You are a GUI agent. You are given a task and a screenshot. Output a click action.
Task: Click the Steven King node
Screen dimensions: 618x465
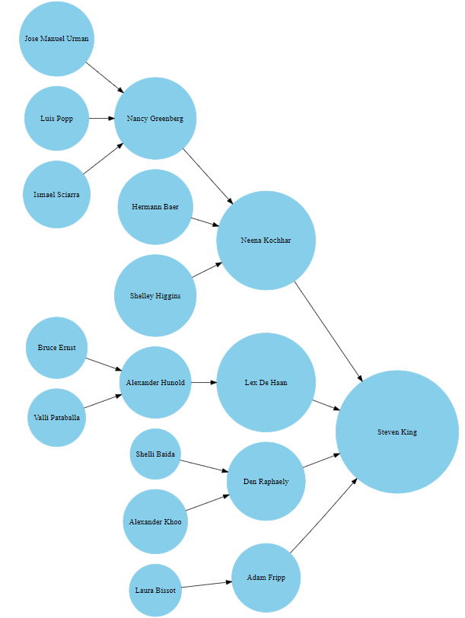pos(397,432)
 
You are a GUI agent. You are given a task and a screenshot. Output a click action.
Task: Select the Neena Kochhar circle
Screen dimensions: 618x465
pos(266,241)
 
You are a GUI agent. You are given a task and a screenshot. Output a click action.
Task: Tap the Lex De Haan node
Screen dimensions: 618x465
pos(266,382)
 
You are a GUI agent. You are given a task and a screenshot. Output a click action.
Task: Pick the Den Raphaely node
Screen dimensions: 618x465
pos(266,481)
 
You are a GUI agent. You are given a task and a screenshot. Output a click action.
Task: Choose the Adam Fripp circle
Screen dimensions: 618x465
pos(266,578)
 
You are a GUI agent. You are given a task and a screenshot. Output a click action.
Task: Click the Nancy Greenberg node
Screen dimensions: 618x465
pos(155,119)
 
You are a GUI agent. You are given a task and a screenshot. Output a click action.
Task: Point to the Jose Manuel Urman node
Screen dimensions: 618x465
pos(56,39)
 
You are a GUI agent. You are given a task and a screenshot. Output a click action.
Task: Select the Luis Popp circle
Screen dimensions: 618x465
pos(56,119)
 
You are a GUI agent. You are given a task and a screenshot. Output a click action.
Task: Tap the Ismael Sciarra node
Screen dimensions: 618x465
pos(56,195)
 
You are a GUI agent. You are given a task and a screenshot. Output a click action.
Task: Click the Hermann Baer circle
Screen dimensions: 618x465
pos(155,207)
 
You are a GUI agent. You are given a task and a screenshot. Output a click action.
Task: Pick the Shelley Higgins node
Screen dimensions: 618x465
pos(155,295)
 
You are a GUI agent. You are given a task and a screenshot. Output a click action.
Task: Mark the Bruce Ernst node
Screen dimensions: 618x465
pos(56,348)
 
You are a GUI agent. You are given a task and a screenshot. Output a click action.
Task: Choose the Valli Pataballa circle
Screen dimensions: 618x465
pos(56,417)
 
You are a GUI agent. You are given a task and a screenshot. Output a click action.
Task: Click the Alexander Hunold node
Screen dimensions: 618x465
pos(155,383)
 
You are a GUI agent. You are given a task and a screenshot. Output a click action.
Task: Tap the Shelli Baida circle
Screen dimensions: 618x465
pos(155,454)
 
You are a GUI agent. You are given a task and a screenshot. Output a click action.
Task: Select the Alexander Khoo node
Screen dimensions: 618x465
pos(155,521)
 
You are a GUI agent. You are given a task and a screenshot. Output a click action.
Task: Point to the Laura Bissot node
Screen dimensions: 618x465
pos(155,590)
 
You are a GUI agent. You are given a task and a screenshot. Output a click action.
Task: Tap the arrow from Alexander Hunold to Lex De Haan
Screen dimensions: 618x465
pos(203,382)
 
